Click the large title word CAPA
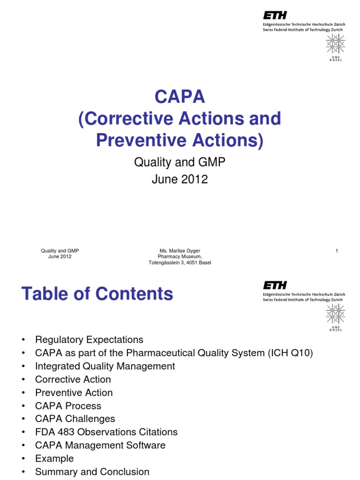[180, 97]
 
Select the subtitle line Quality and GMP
[180, 162]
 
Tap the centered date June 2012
[180, 179]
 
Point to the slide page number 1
[337, 251]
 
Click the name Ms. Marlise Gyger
[180, 251]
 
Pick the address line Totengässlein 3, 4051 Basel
[180, 262]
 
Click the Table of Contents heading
[97, 294]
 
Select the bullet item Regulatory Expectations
[89, 339]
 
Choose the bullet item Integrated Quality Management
[105, 366]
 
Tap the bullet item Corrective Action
[73, 379]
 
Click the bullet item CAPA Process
[68, 406]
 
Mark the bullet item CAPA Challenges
[75, 419]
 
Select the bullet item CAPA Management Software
[100, 445]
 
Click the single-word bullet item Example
[54, 458]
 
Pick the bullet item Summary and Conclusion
[92, 472]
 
